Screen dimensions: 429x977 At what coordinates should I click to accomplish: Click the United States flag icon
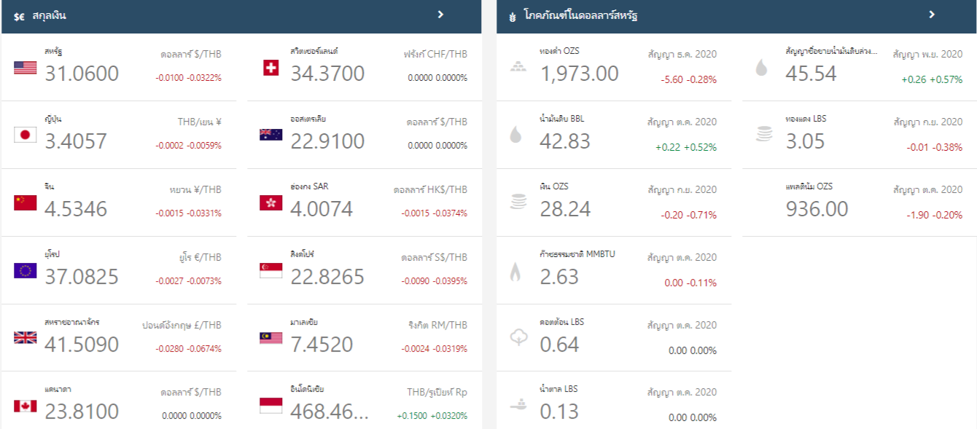click(25, 68)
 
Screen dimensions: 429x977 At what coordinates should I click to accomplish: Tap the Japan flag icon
click(25, 135)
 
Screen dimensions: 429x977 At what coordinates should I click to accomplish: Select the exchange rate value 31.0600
click(82, 74)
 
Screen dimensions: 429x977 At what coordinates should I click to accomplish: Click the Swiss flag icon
click(270, 68)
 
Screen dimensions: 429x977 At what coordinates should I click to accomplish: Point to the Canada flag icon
click(25, 406)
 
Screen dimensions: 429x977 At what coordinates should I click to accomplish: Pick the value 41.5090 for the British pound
click(82, 344)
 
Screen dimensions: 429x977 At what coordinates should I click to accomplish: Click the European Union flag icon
click(25, 271)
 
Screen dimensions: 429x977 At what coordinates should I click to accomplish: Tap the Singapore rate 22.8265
click(327, 277)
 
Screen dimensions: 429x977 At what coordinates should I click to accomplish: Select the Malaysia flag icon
click(270, 338)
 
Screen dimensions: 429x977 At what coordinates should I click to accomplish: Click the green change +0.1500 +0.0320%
click(432, 416)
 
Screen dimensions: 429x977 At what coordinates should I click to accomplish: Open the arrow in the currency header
click(440, 15)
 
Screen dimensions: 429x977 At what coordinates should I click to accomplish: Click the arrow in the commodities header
click(932, 15)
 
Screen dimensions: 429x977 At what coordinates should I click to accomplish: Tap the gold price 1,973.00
click(579, 74)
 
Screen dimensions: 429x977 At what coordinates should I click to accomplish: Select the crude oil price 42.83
click(565, 141)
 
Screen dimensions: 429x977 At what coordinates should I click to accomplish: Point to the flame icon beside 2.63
click(515, 272)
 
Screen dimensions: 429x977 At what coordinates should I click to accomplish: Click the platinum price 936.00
click(817, 209)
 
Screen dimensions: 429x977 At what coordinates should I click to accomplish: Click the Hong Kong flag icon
click(270, 203)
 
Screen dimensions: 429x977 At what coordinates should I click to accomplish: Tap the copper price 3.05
click(805, 141)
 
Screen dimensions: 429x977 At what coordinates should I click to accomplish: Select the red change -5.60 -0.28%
click(688, 79)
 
